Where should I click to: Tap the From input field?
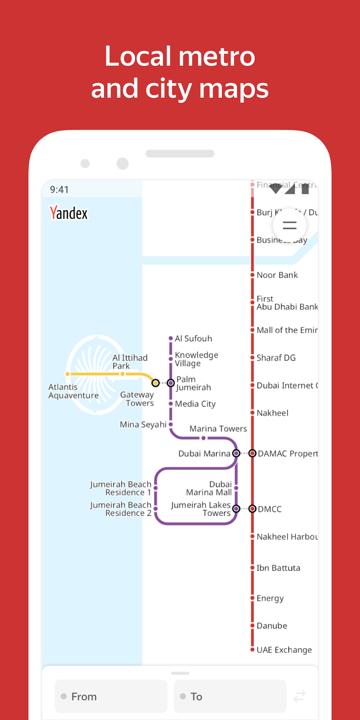tap(111, 696)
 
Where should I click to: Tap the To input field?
tap(230, 696)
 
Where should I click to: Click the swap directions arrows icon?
tap(300, 696)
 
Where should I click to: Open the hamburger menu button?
tap(290, 225)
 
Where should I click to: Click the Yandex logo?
tap(68, 213)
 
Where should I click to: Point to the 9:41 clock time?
tap(59, 190)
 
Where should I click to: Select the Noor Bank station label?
tap(277, 275)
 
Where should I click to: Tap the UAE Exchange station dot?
tap(252, 649)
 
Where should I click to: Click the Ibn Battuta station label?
tap(278, 568)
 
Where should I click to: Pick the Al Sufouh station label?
tap(193, 338)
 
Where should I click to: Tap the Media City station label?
tap(195, 404)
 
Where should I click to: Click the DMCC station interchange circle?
tap(252, 509)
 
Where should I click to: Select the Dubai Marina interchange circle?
tap(236, 453)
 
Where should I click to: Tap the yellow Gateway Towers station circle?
tap(155, 383)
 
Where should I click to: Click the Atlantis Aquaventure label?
tap(73, 391)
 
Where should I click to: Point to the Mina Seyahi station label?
tap(143, 424)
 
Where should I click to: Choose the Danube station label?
tap(272, 626)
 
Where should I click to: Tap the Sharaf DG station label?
tap(276, 358)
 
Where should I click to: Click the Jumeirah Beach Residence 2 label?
tap(121, 509)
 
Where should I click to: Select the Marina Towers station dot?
tap(203, 438)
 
